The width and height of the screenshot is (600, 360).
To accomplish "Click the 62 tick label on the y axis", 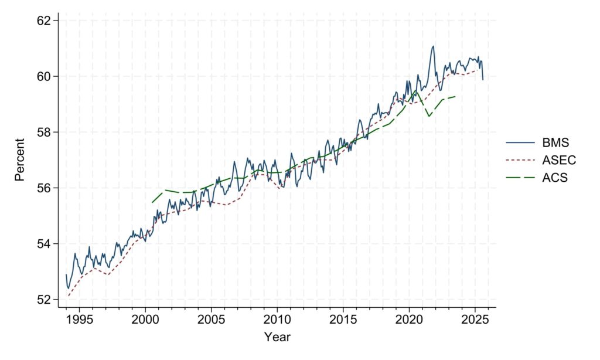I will (46, 21).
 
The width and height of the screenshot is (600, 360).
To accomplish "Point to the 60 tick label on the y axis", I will (46, 76).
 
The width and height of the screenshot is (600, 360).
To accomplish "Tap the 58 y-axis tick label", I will (46, 132).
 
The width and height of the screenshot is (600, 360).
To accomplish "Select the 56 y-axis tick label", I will (46, 188).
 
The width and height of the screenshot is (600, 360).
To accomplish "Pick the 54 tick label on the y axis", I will (46, 243).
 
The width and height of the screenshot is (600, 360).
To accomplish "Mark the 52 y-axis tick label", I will (46, 299).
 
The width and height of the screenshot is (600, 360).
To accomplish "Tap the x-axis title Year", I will (277, 337).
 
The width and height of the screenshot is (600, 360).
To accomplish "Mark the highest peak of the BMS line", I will (432, 46).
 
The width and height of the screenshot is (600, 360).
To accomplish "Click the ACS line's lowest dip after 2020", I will (429, 116).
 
